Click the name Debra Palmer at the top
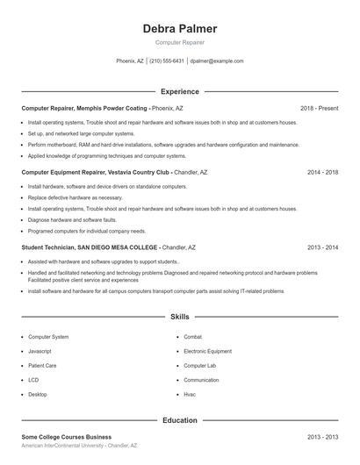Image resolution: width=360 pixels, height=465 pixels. [180, 29]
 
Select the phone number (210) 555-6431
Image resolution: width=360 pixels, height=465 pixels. [167, 61]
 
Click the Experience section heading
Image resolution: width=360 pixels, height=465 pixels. [180, 91]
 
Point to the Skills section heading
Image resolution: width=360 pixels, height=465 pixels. [180, 316]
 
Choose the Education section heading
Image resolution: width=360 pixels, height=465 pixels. [180, 420]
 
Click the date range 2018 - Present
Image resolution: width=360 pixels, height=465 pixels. [319, 108]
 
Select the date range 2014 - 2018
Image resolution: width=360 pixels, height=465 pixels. [322, 173]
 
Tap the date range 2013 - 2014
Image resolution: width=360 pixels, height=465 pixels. [322, 247]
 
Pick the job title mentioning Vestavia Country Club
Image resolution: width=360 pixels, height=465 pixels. [96, 173]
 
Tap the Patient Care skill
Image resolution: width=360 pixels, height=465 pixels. [42, 365]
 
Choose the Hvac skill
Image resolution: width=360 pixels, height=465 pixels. [190, 394]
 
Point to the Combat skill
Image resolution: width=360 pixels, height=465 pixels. [193, 336]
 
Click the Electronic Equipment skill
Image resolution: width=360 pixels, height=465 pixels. [207, 351]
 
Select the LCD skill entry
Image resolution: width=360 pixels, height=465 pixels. [33, 380]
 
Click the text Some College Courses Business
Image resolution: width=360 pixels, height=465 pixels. [67, 436]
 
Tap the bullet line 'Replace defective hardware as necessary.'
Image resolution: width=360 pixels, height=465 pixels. [76, 198]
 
